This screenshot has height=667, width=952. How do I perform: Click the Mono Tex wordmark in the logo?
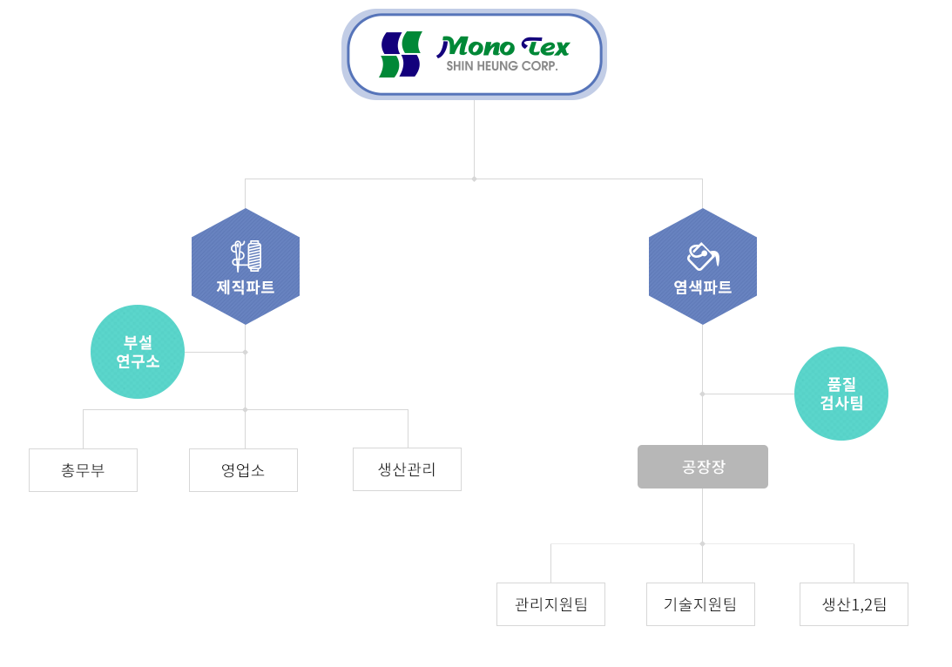503,47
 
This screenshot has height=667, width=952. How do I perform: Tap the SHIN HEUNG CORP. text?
502,66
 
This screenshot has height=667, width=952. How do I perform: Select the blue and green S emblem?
401,55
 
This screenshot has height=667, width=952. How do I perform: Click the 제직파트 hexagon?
246,266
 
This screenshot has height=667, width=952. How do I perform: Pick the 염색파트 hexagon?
703,266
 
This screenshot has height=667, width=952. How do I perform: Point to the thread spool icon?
246,255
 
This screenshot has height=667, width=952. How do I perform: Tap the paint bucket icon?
703,256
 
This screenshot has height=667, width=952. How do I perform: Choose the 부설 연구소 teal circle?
138,352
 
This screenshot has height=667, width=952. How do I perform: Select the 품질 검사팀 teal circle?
841,394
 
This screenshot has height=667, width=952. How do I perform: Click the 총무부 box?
83,469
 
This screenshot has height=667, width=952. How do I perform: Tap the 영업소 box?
244,469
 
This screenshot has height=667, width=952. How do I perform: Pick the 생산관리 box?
407,469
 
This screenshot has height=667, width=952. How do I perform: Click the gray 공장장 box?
703,467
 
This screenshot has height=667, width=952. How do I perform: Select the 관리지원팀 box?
550,604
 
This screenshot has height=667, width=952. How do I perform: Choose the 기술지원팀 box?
700,604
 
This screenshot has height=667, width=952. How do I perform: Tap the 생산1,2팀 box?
854,604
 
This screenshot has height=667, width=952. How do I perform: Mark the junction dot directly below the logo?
474,179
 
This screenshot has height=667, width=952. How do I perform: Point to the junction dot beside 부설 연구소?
246,352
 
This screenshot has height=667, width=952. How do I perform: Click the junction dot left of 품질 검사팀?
703,394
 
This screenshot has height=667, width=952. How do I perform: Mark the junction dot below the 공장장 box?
703,544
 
